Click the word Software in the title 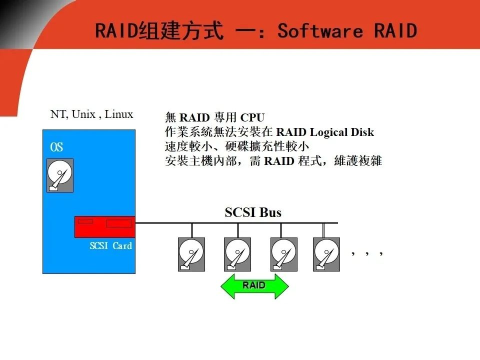click(x=320, y=31)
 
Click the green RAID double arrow click(x=254, y=286)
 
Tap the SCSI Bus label click(x=253, y=212)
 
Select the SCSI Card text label click(x=111, y=245)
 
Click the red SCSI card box click(x=105, y=227)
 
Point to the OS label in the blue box click(x=56, y=147)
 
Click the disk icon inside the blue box click(x=60, y=175)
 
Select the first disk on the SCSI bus click(x=191, y=254)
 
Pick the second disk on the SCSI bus click(x=237, y=254)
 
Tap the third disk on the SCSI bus click(x=284, y=254)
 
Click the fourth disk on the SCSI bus click(x=326, y=254)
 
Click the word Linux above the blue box click(x=119, y=114)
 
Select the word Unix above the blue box click(x=83, y=114)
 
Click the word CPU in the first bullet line click(x=252, y=117)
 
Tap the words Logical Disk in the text click(x=342, y=132)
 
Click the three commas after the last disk click(x=367, y=253)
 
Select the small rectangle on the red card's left click(x=85, y=221)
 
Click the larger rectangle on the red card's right click(x=119, y=223)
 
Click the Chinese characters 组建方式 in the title click(x=180, y=31)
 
